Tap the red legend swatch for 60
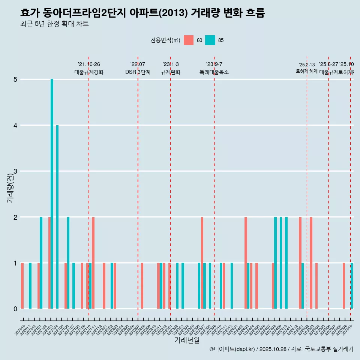[189, 40]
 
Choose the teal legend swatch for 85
[210, 40]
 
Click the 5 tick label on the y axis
[15, 79]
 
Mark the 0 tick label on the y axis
[15, 309]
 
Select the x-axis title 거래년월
[187, 340]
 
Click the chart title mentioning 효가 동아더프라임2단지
[142, 13]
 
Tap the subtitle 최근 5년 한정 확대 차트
[54, 24]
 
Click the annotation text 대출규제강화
[89, 72]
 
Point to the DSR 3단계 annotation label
[138, 72]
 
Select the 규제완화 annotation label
[171, 72]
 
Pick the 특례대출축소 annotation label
[214, 72]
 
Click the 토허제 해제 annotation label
[306, 71]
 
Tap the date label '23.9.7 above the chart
[214, 64]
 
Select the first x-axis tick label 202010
[21, 330]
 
